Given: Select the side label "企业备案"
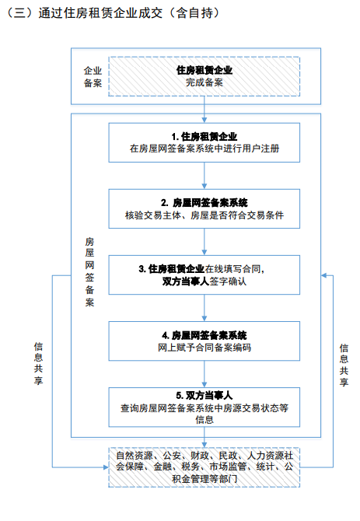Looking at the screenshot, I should [x=93, y=76].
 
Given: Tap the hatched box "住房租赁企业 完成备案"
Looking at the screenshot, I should [x=204, y=75].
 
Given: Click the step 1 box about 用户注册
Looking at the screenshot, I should [x=204, y=141].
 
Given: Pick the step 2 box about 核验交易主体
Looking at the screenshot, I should [x=204, y=208].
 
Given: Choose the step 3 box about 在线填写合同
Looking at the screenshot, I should [x=204, y=275].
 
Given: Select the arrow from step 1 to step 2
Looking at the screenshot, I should [x=204, y=174].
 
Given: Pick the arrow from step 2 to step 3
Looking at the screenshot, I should [x=204, y=241].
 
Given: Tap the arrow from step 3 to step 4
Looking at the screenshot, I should [x=204, y=308].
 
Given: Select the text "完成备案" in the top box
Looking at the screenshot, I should [x=204, y=82].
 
